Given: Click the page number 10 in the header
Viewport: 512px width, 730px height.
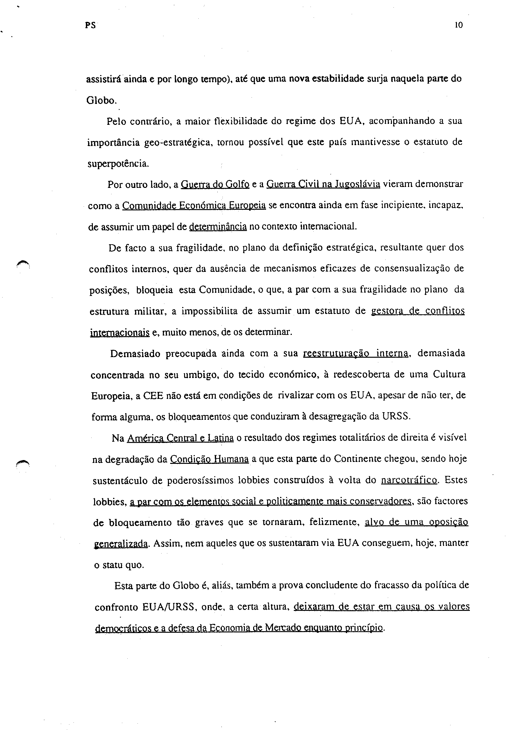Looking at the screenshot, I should click(x=459, y=25).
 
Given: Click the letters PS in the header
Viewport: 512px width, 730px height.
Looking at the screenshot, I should click(x=90, y=26).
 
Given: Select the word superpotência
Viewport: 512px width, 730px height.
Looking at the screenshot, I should click(x=118, y=164).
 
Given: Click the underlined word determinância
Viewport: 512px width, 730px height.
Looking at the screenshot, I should click(x=218, y=227).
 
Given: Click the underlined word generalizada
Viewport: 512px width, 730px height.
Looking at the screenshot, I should click(x=121, y=544).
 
